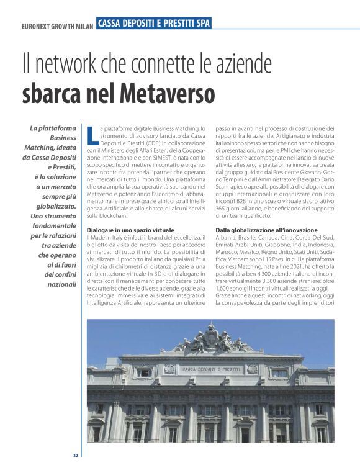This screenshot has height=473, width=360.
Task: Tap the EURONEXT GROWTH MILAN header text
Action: point(57,27)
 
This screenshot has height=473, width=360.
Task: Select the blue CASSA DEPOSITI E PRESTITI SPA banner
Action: point(154,24)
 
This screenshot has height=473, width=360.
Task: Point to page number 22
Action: point(75,455)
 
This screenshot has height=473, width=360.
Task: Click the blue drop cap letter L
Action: point(91,133)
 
